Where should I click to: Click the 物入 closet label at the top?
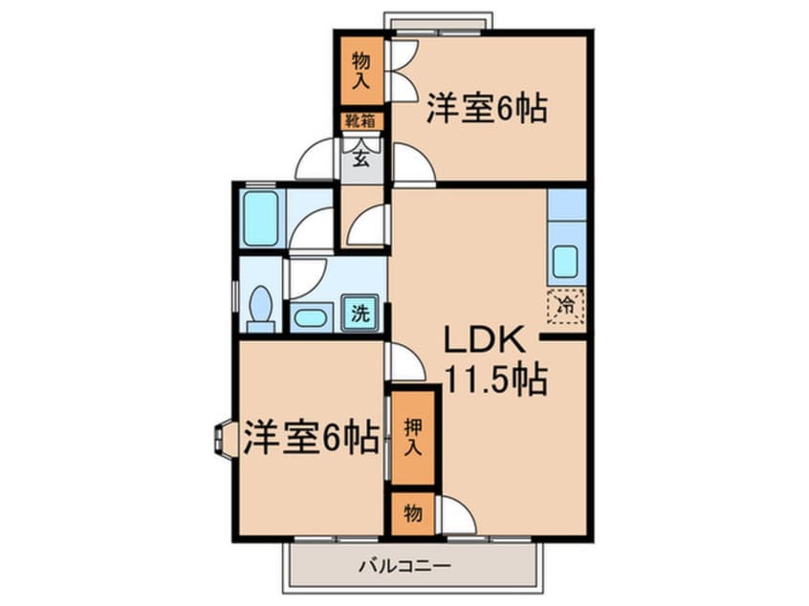(x=361, y=70)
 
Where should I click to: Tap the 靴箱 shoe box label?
(x=361, y=121)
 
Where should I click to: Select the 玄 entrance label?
(x=361, y=158)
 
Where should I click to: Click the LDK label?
(x=484, y=341)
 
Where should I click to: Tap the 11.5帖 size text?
(x=493, y=381)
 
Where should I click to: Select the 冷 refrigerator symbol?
(x=565, y=306)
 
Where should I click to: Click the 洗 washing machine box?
(x=361, y=312)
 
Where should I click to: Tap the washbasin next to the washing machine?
(x=308, y=317)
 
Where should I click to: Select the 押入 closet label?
(x=412, y=436)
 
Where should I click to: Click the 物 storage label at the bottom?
(x=412, y=514)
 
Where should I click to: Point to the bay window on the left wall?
(x=223, y=439)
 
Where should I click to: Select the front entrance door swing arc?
(x=316, y=161)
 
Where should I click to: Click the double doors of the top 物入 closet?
(x=402, y=70)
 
